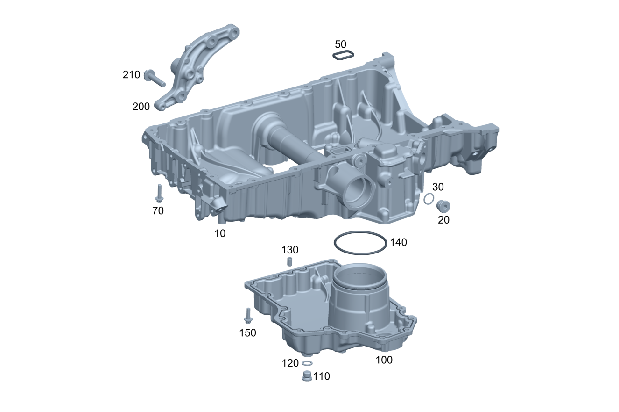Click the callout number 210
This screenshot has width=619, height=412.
point(131,75)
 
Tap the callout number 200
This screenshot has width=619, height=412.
point(141,107)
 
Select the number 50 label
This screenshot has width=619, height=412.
point(340,44)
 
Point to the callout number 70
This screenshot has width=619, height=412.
point(158,211)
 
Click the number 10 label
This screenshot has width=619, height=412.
point(220,233)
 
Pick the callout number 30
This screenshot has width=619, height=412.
point(438,187)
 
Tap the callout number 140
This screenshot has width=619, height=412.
point(399,242)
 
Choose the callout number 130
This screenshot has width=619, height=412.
point(290,250)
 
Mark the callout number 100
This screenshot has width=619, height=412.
point(384,360)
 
